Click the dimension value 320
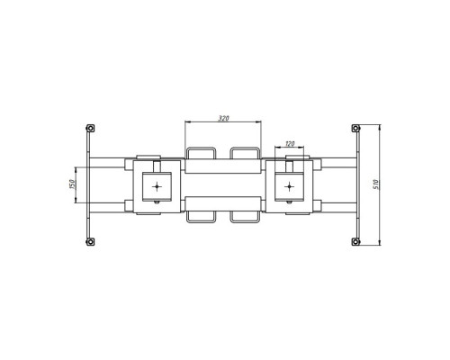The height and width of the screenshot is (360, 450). [223, 118]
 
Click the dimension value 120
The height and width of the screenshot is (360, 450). [290, 144]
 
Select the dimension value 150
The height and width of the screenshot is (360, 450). [72, 184]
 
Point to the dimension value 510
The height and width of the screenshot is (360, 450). [377, 184]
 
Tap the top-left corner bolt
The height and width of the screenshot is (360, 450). [90, 129]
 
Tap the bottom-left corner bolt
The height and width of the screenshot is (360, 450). [90, 241]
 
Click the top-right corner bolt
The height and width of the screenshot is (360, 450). [355, 129]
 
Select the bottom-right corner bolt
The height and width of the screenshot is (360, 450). [355, 241]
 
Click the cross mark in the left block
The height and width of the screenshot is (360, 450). [157, 186]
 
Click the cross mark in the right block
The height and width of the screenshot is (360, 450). [289, 186]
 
